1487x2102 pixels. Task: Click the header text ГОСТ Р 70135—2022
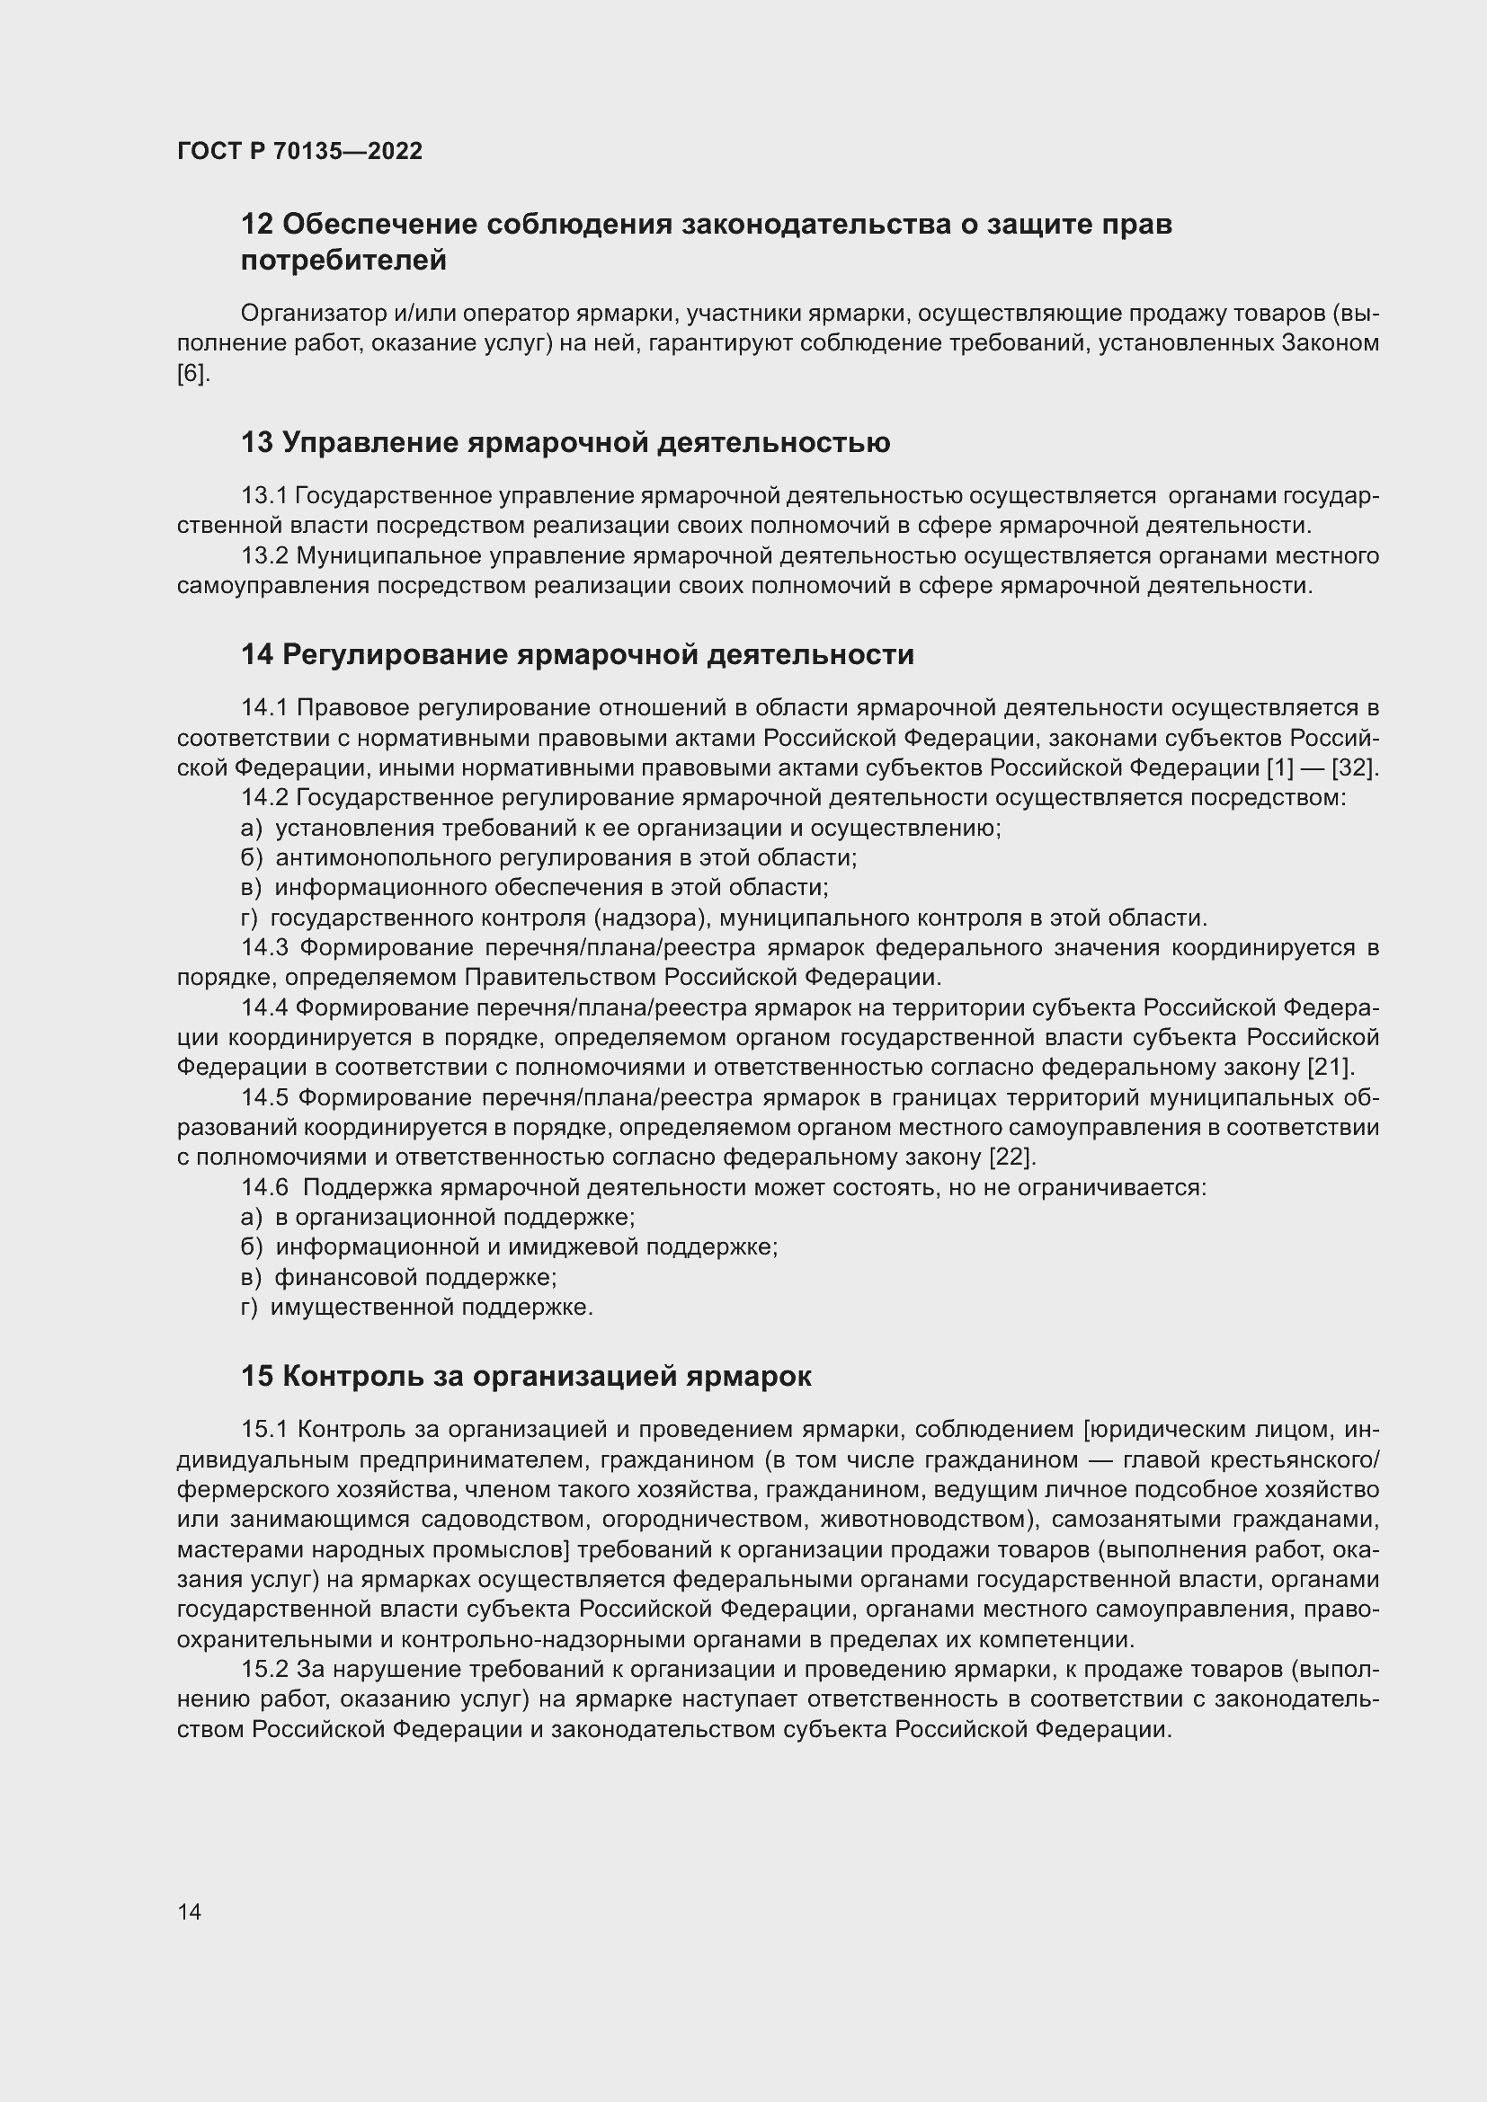point(299,151)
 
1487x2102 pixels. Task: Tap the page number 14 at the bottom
point(190,1911)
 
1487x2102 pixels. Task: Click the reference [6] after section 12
point(192,374)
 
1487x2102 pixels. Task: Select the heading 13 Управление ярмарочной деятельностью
point(565,443)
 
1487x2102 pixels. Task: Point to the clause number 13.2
point(264,555)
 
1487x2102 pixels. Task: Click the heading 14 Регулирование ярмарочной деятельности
point(577,654)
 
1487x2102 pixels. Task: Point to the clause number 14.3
point(265,946)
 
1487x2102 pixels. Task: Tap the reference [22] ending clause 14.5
point(1011,1157)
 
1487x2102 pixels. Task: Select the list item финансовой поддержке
point(415,1276)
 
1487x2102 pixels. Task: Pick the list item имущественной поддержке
point(432,1307)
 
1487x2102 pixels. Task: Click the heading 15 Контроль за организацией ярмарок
point(526,1376)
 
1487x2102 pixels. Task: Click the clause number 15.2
point(264,1669)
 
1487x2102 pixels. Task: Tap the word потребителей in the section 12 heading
point(343,260)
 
